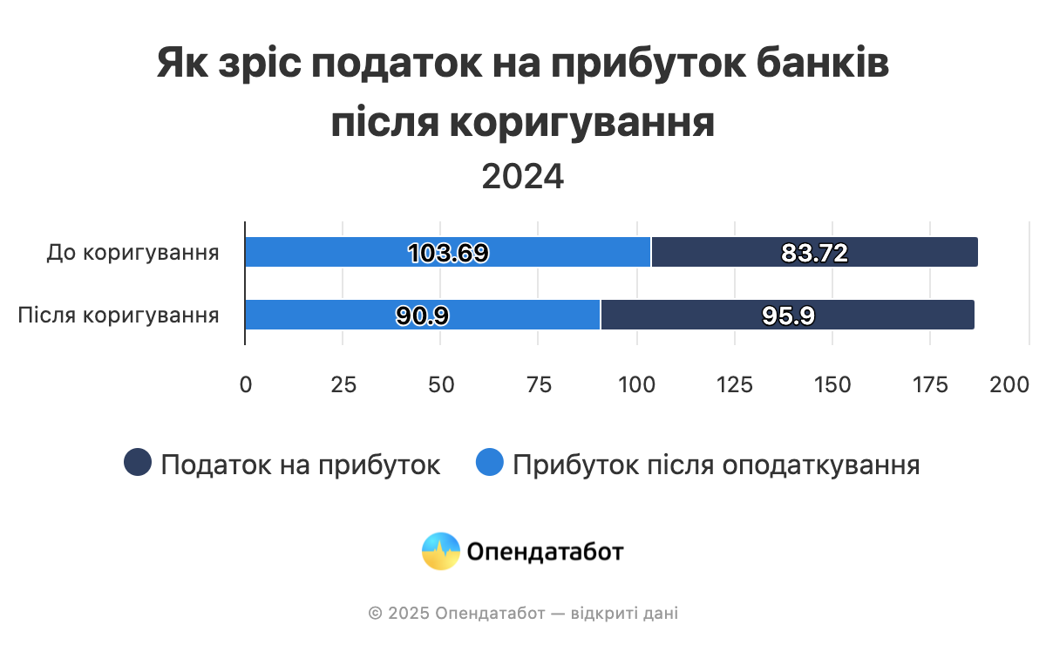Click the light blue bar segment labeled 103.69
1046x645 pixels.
(x=447, y=252)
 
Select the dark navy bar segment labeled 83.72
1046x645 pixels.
(x=814, y=252)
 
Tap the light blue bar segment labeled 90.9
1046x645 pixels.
(x=423, y=315)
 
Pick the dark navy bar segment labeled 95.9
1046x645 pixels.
(x=788, y=315)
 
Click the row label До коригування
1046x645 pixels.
(x=132, y=253)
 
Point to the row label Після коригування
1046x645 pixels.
(x=119, y=315)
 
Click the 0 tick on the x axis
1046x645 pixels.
(x=246, y=384)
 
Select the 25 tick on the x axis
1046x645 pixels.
(x=343, y=384)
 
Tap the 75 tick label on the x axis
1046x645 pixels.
(x=540, y=384)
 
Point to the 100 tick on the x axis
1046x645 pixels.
(x=636, y=384)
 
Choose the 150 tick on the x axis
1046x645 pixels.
(x=832, y=384)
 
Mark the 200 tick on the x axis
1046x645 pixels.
(x=1009, y=384)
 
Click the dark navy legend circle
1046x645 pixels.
(x=139, y=463)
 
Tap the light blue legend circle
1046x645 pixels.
(x=490, y=463)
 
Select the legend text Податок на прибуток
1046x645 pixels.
(x=301, y=465)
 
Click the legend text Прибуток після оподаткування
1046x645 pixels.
(x=717, y=465)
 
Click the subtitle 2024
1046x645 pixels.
(x=523, y=177)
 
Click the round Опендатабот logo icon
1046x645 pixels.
(x=441, y=551)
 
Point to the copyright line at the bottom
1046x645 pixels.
(x=523, y=614)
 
